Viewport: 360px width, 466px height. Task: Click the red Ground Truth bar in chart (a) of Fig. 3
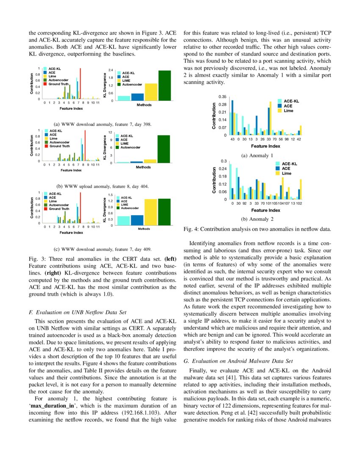click(x=80, y=83)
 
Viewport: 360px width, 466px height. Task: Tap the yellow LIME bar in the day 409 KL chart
click(x=150, y=212)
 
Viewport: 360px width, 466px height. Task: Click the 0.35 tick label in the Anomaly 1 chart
click(x=222, y=97)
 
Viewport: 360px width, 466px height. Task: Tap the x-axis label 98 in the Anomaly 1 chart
click(x=287, y=139)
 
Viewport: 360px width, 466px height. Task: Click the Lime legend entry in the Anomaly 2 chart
click(x=286, y=173)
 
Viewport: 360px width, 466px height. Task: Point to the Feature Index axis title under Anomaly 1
click(x=265, y=146)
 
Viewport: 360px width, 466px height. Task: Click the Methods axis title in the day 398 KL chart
click(x=144, y=105)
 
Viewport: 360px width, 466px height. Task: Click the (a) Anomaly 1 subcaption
click(x=257, y=156)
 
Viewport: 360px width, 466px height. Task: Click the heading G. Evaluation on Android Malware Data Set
click(x=238, y=361)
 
